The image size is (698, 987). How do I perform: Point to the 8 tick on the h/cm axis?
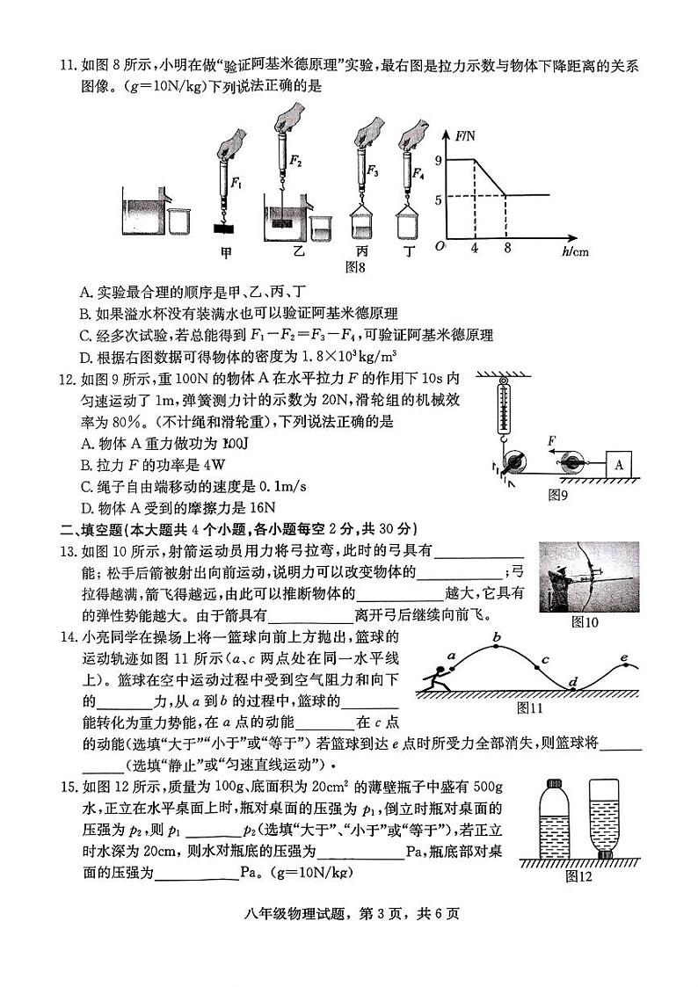(507, 249)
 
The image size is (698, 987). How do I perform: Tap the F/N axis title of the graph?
(465, 135)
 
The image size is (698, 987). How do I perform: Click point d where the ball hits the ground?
(572, 682)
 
